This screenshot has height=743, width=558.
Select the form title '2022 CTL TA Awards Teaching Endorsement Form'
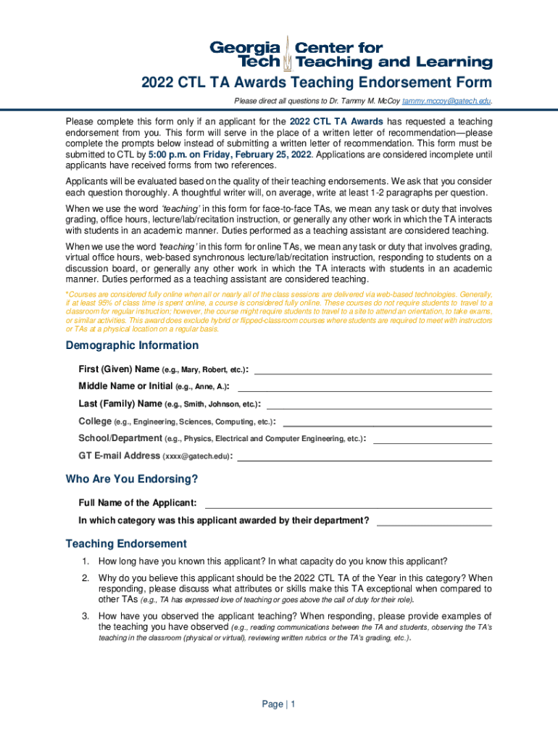pos(316,83)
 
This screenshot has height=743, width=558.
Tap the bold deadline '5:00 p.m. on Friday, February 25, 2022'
pos(230,155)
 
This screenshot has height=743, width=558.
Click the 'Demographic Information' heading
pos(132,345)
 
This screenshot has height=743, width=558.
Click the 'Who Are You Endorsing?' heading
pos(132,480)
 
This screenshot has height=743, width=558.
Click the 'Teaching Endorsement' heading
pos(126,544)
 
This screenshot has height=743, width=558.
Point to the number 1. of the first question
pos(85,562)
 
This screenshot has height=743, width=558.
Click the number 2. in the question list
pos(85,578)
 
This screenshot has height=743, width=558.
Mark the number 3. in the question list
pos(85,616)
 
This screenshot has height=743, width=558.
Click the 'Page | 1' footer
pos(279,705)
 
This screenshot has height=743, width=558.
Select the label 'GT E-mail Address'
pos(120,456)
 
